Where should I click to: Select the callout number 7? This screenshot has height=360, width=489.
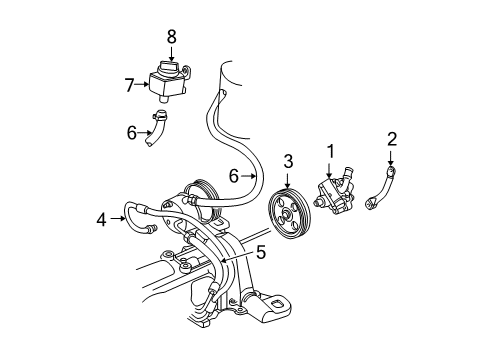click(x=128, y=84)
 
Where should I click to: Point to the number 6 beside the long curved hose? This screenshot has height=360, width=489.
click(x=233, y=175)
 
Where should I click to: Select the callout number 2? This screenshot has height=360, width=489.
click(x=391, y=138)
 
